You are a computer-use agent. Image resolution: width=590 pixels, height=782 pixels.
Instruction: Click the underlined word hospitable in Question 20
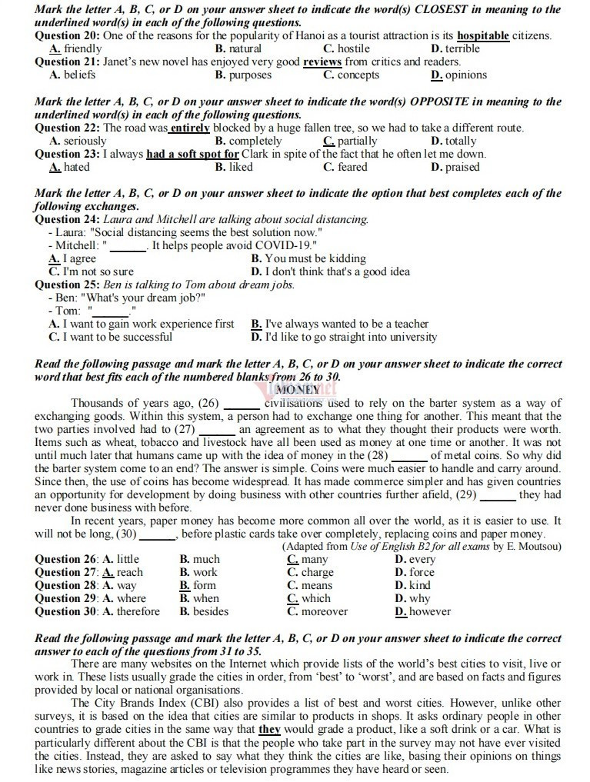(482, 36)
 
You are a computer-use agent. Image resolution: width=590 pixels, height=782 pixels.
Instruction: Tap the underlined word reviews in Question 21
(322, 62)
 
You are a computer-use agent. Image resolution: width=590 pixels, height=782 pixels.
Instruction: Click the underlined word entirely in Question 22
(189, 128)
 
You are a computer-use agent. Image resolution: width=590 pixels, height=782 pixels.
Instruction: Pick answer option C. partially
(351, 141)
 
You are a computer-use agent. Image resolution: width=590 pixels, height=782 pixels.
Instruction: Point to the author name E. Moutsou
(535, 547)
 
